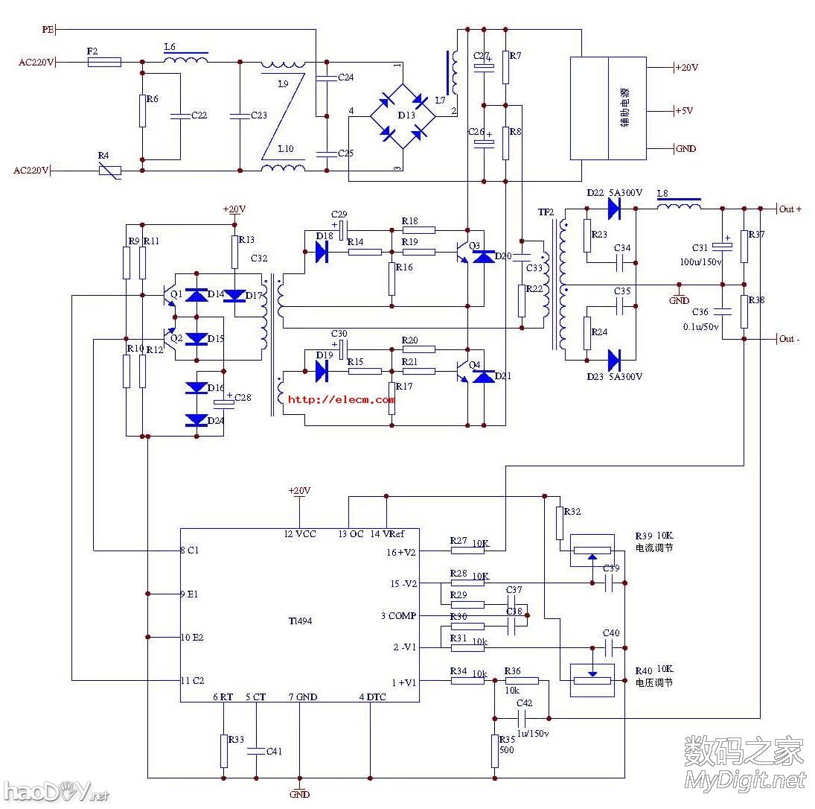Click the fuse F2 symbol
[104, 63]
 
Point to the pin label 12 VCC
[300, 534]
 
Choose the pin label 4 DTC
[373, 697]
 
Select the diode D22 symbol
[614, 209]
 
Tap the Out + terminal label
[790, 209]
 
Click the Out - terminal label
[789, 340]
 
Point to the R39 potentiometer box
[592, 551]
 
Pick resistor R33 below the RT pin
[223, 750]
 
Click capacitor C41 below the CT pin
[255, 751]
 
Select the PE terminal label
[48, 30]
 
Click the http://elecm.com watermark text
[341, 399]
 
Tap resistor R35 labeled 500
[495, 750]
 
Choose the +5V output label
[683, 110]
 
